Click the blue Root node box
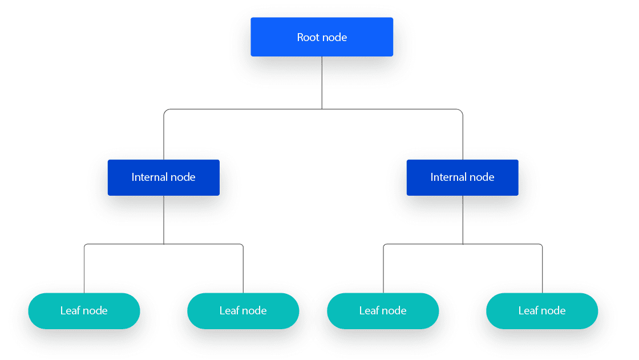[x=322, y=37]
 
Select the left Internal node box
[x=164, y=177]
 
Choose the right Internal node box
[x=462, y=177]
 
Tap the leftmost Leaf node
[x=84, y=311]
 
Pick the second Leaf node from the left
[x=243, y=311]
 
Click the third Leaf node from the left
[x=383, y=311]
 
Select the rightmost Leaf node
[x=542, y=311]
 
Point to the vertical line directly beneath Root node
[x=322, y=83]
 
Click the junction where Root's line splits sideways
[x=322, y=109]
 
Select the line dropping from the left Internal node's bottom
[x=164, y=220]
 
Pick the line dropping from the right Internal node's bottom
[x=463, y=220]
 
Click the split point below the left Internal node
[x=164, y=244]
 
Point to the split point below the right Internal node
[x=463, y=244]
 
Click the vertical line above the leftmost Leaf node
[x=84, y=271]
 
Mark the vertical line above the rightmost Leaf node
[x=542, y=271]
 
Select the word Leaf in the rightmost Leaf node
[x=528, y=311]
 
